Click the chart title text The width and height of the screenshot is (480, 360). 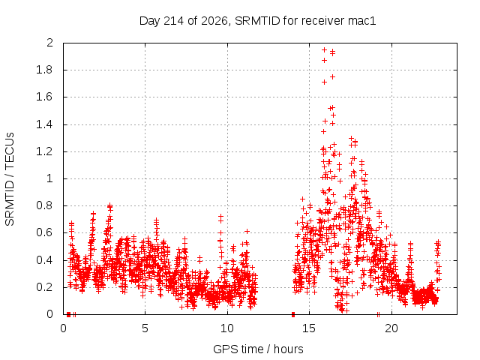[257, 21]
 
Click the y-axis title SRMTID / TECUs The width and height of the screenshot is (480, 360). [10, 179]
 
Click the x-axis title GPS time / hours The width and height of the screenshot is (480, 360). [258, 349]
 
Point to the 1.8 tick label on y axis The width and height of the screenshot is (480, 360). [44, 70]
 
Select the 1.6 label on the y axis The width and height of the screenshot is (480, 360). [44, 97]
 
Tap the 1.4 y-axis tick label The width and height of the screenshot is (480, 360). [44, 124]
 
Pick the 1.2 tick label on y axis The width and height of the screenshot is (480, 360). [44, 151]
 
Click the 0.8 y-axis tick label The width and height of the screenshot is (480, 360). [44, 205]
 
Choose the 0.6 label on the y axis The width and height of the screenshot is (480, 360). [44, 232]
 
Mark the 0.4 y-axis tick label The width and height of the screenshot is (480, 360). [44, 260]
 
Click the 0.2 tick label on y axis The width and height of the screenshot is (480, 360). [44, 287]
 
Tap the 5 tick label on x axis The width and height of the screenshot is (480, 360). [145, 328]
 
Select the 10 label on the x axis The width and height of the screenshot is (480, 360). [227, 328]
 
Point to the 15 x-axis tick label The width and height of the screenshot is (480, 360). [309, 328]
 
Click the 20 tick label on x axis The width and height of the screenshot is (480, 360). [391, 328]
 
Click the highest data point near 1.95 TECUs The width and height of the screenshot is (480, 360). [324, 50]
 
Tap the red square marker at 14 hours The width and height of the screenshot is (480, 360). [293, 314]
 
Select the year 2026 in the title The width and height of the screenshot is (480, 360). [214, 21]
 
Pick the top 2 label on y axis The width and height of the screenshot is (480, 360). [49, 43]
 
